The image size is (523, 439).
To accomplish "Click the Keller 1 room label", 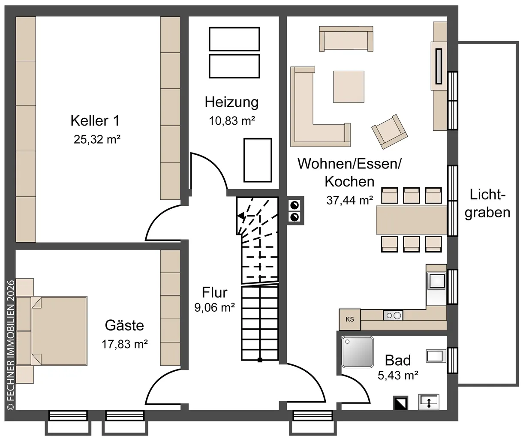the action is (95, 121).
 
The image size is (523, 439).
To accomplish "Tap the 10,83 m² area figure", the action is (232, 121).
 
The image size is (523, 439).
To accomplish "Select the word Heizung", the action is (231, 102).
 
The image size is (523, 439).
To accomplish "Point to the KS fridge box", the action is (350, 319).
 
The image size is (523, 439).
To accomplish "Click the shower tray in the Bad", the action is (358, 352).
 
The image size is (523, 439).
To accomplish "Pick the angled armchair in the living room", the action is (389, 132).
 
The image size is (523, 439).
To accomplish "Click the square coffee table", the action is (349, 87).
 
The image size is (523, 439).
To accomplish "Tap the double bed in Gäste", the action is (59, 331).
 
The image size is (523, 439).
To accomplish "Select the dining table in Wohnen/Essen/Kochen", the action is (412, 220).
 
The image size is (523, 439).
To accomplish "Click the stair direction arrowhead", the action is (241, 215).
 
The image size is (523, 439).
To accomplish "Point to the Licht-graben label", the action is (487, 204).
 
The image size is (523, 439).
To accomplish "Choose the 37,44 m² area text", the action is (350, 200).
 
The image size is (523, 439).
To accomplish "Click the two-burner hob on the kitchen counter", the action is (393, 315).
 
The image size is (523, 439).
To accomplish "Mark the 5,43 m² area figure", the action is (398, 376).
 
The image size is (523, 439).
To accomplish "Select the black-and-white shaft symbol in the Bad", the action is (400, 403).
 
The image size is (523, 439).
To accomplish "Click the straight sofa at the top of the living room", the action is (346, 39).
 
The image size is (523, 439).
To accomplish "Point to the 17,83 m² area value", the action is (124, 344).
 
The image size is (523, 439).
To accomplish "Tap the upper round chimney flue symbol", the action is (295, 205).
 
